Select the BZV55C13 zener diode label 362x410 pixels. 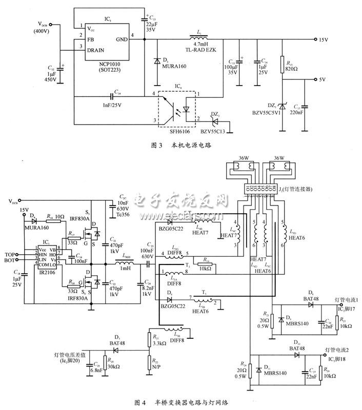pos(213,132)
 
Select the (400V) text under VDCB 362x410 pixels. pos(43,31)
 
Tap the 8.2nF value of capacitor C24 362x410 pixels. pos(147,289)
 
